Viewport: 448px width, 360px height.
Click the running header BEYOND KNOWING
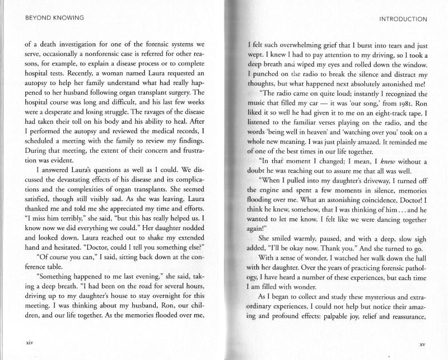46,18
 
